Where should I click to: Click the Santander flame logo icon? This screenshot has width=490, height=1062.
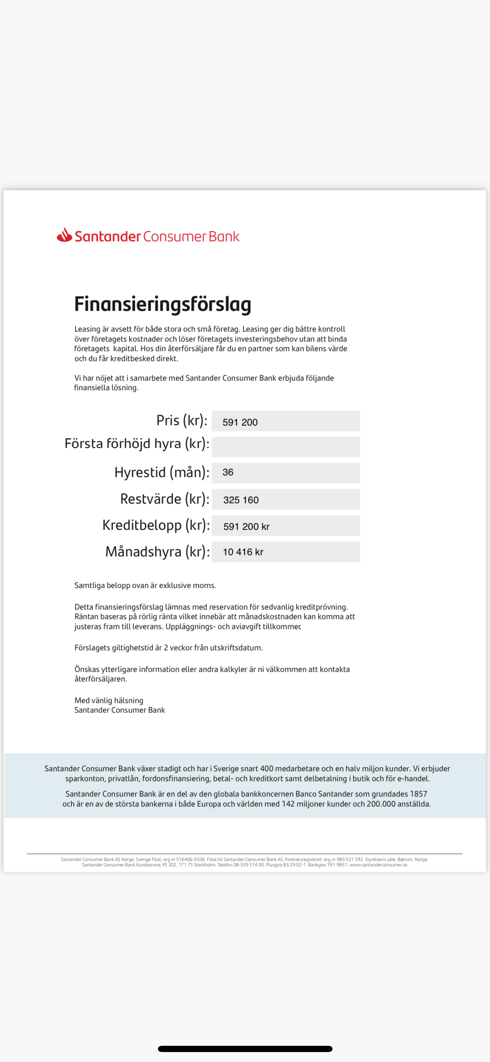tap(64, 235)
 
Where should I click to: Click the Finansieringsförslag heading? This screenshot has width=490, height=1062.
tap(163, 304)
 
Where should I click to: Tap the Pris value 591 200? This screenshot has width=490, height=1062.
tap(240, 422)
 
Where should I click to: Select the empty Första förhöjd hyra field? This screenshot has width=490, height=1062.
tap(286, 447)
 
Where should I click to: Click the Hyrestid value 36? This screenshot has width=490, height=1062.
tap(228, 472)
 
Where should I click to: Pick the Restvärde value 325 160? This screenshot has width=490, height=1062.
tap(241, 500)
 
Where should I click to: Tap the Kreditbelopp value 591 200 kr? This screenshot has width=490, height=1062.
tap(246, 526)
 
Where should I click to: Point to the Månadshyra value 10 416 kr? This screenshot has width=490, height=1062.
tap(243, 552)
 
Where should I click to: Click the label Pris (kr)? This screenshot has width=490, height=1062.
tap(182, 420)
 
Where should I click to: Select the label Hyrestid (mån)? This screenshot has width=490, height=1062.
tap(162, 472)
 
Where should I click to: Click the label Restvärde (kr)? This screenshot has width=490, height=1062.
tap(165, 499)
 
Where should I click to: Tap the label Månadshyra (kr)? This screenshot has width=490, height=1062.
tap(157, 552)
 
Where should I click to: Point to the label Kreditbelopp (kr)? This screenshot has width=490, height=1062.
tap(156, 525)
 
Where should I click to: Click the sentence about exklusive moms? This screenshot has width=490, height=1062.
tap(145, 585)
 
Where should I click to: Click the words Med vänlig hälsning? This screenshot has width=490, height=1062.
tap(109, 701)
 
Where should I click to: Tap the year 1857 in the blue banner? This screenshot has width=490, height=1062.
tap(418, 794)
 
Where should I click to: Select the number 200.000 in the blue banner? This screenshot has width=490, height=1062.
tap(381, 804)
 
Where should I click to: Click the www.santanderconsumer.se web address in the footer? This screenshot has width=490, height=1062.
tap(378, 865)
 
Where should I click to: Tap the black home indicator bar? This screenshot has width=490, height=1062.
tap(245, 1049)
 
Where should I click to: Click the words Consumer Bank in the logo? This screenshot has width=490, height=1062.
tap(191, 236)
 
